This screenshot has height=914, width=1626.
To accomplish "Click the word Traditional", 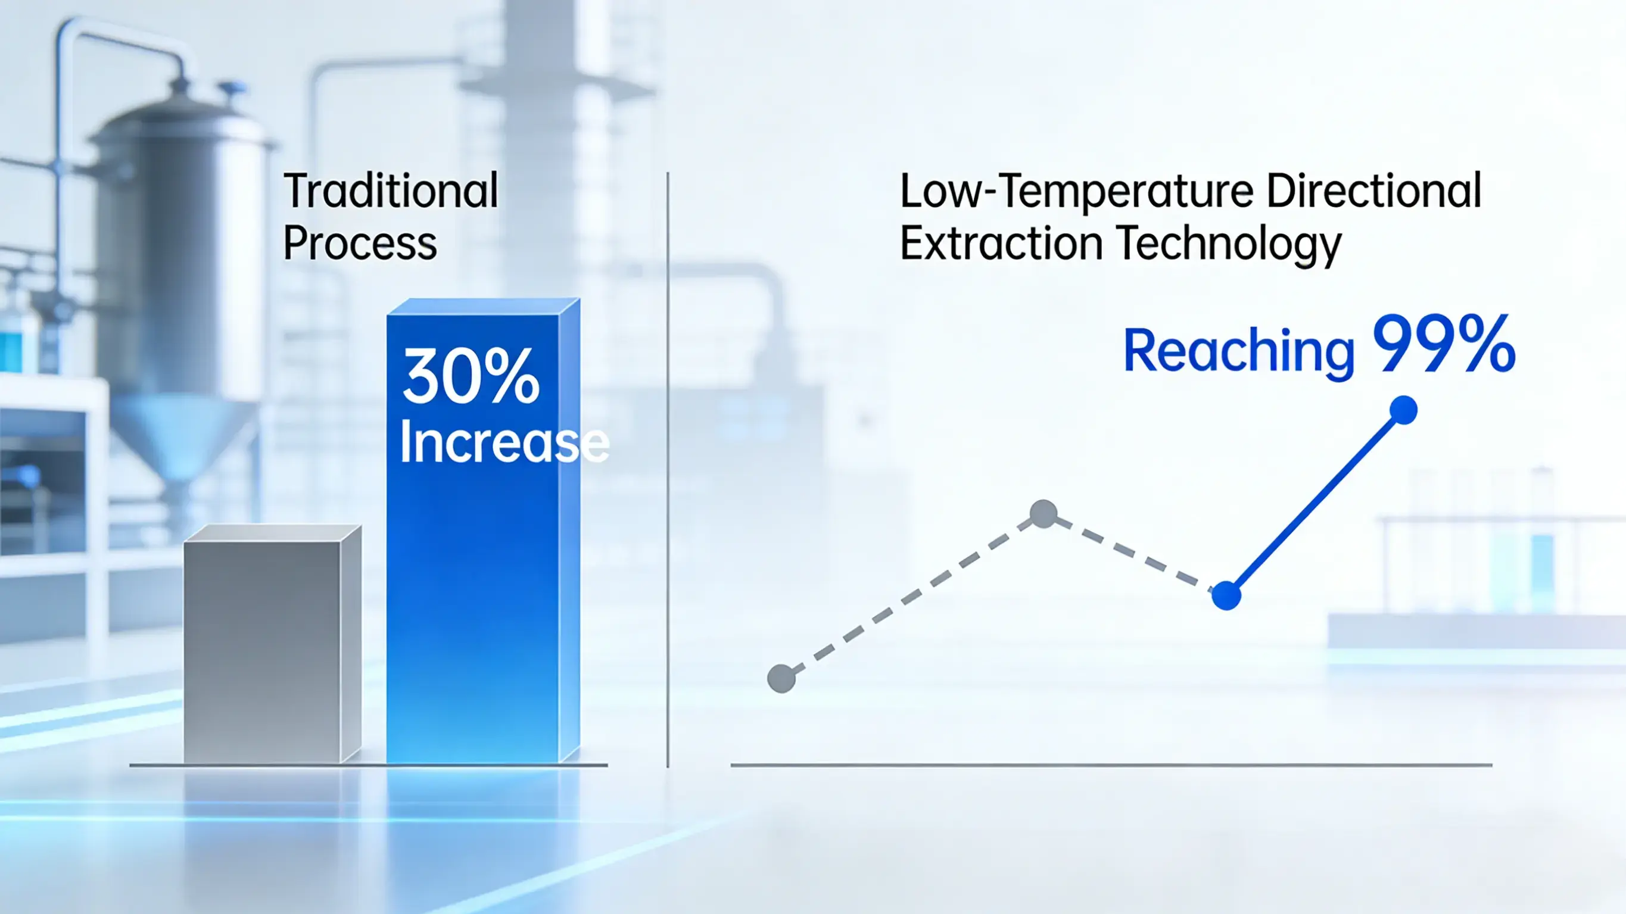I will click(391, 191).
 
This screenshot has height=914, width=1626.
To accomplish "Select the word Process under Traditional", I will click(360, 243).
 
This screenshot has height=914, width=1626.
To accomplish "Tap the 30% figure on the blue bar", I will click(471, 377).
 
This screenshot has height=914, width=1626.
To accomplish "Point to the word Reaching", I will click(1238, 351).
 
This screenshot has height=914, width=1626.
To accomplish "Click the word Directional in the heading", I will click(1373, 191).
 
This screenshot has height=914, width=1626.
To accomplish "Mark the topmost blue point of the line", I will click(1403, 410).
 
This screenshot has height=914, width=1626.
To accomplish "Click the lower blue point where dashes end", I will click(1226, 595).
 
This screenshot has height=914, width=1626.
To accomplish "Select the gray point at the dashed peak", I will click(1043, 513).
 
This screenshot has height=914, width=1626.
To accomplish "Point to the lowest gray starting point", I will click(781, 679).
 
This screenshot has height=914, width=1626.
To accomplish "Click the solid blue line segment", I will click(1315, 503).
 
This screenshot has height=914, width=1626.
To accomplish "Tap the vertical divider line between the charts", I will click(667, 467).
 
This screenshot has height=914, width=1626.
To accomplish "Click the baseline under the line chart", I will click(1111, 765).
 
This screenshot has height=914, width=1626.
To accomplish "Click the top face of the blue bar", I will click(483, 306).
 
